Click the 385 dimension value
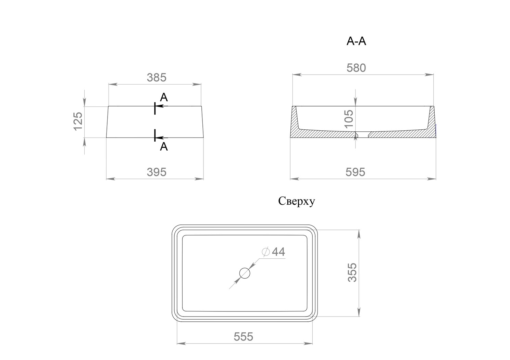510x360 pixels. [x=157, y=78]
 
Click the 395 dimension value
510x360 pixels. [x=157, y=172]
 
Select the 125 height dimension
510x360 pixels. [x=78, y=121]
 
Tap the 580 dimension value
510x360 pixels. [x=356, y=68]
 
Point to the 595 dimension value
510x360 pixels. [x=355, y=172]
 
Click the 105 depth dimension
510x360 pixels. [x=349, y=119]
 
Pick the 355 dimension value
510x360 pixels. [x=352, y=273]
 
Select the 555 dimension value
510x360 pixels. [x=243, y=337]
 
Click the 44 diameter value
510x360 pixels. [x=278, y=252]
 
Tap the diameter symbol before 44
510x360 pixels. [x=266, y=252]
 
